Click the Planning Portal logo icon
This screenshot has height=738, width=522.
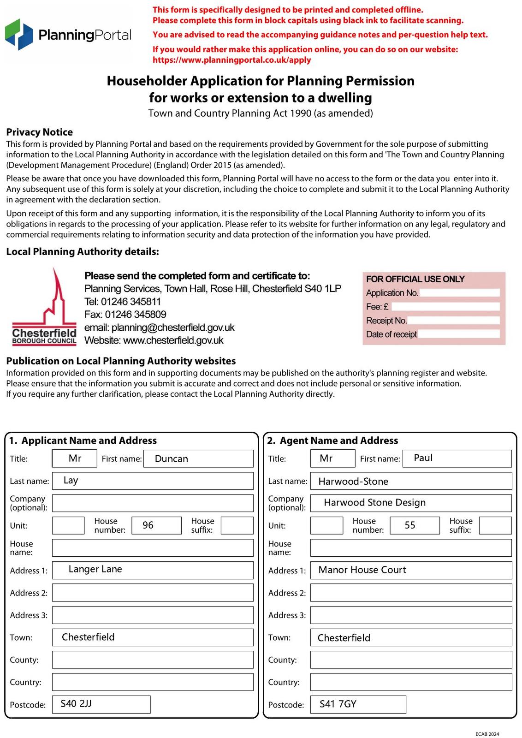(19, 35)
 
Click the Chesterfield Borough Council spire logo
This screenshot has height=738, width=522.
(45, 306)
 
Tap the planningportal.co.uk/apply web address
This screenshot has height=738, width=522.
(232, 60)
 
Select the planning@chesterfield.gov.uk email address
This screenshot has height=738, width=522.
(173, 327)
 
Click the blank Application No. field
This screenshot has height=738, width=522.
(459, 293)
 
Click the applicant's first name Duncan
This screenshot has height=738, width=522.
(172, 459)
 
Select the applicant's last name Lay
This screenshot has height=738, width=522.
(71, 481)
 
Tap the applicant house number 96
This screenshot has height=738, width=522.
(148, 525)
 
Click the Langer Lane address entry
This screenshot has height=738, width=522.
(95, 569)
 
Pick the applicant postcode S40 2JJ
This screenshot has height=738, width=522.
(76, 704)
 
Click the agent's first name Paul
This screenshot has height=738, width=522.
(423, 458)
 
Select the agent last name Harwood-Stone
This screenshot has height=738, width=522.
(353, 482)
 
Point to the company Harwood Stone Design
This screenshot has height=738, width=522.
(374, 503)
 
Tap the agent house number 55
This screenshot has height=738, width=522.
(410, 525)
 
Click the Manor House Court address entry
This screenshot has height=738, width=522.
(362, 570)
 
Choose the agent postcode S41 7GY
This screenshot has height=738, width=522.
(338, 704)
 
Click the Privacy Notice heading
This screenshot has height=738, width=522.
(40, 132)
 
